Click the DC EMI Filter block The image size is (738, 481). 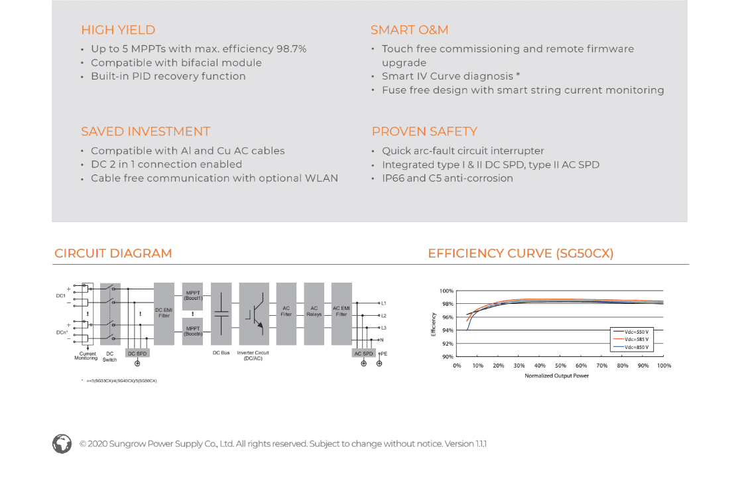[164, 313]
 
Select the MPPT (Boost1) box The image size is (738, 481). [192, 296]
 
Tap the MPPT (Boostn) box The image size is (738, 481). [192, 331]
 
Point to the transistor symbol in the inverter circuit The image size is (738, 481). [254, 313]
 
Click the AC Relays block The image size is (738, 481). [314, 311]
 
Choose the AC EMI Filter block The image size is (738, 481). [341, 311]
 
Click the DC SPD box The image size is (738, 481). [137, 354]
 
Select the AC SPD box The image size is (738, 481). [363, 354]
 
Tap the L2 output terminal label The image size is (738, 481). [383, 316]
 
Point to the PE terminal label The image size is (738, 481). [383, 354]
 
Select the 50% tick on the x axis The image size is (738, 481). [560, 366]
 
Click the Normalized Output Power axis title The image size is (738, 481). [556, 376]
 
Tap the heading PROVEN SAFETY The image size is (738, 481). [424, 131]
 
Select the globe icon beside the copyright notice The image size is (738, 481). [62, 444]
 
